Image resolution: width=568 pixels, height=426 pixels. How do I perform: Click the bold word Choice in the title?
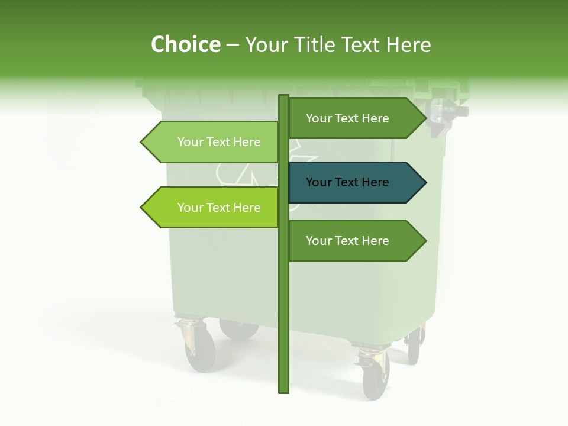click(x=185, y=44)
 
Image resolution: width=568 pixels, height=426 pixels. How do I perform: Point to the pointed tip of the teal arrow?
click(x=424, y=182)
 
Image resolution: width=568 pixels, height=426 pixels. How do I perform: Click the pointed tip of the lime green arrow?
click(x=143, y=208)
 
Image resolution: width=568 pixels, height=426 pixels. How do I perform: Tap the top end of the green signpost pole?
click(x=283, y=97)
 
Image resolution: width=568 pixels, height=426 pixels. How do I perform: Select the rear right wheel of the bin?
click(x=414, y=349)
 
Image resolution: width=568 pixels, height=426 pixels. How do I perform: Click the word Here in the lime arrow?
click(x=247, y=208)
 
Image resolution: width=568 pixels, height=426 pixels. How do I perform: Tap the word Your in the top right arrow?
click(x=319, y=118)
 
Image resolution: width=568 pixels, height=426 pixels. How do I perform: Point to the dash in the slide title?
click(x=233, y=44)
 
